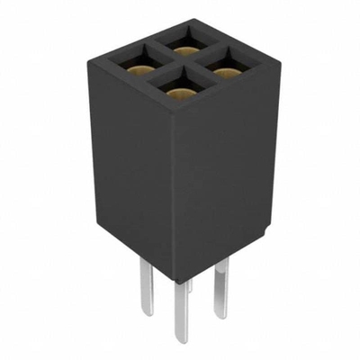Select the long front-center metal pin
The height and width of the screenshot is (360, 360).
pos(182,310)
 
